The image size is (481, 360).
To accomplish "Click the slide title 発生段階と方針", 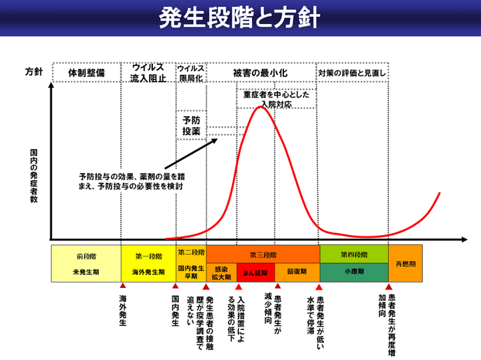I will tap(240, 18).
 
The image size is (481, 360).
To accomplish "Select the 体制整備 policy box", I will tap(86, 72).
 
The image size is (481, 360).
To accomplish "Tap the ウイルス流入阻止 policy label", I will tap(148, 72).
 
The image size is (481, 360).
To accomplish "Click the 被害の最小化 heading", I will tap(260, 72).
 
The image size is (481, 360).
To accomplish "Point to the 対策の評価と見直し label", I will tap(352, 72).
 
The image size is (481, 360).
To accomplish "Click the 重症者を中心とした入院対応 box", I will tap(276, 100).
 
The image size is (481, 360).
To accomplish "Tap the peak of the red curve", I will tap(261, 107).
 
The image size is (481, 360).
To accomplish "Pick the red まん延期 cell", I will tap(255, 273).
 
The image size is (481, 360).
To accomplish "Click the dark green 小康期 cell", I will tap(354, 273).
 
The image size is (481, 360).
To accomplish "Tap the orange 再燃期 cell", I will tap(406, 263).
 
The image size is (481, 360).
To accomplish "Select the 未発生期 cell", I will tap(86, 273).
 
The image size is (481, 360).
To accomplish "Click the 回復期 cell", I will tap(297, 273).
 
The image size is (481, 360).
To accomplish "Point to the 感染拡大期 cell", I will tap(221, 273).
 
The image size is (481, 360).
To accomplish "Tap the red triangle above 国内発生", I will tap(174, 286).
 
